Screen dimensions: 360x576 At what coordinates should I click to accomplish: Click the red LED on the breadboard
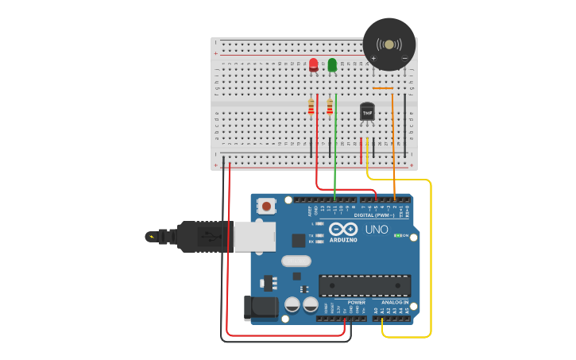click(x=313, y=64)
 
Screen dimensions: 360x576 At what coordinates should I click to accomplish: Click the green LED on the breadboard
click(x=332, y=64)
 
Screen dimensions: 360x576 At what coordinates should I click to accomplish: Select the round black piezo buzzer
click(x=389, y=44)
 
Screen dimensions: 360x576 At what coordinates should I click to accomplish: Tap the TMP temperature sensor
click(x=367, y=112)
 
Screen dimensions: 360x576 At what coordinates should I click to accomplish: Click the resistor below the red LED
click(x=311, y=106)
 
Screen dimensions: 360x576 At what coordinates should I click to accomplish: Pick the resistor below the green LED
click(x=330, y=106)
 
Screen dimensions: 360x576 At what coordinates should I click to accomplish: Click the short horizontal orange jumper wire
click(x=383, y=87)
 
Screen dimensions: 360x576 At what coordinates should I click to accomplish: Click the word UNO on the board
click(x=377, y=230)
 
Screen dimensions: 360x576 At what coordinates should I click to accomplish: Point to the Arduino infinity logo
click(x=343, y=230)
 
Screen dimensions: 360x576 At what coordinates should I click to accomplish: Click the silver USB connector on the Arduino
click(x=254, y=237)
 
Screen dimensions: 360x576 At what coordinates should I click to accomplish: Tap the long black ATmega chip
click(x=365, y=285)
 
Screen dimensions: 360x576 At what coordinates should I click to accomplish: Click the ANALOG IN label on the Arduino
click(x=395, y=302)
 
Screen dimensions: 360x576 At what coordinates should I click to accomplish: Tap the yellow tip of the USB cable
click(x=150, y=236)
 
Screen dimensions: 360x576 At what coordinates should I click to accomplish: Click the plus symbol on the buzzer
click(x=373, y=58)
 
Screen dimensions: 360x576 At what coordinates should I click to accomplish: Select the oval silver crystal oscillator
click(x=296, y=261)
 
